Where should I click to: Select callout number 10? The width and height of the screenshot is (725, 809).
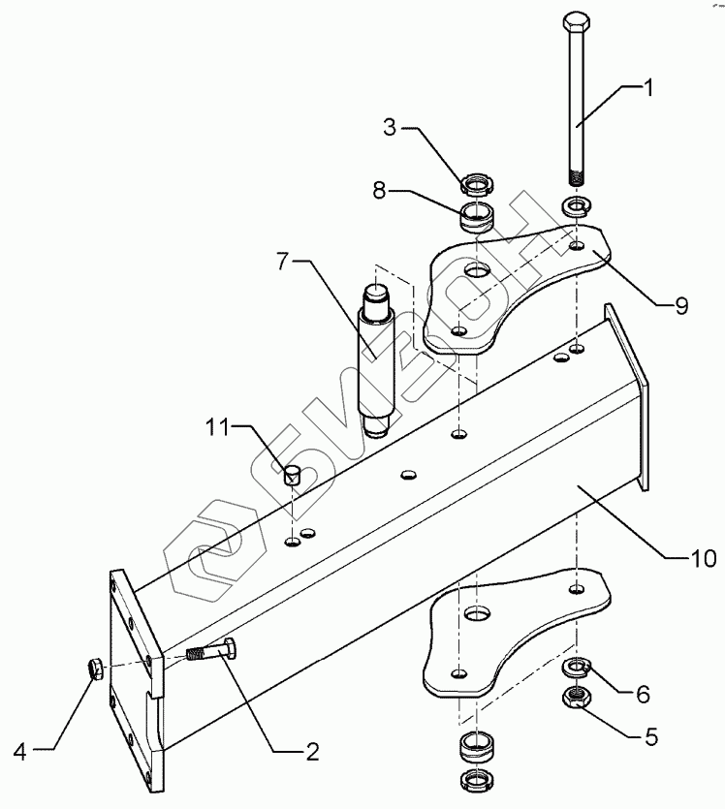pyautogui.click(x=703, y=559)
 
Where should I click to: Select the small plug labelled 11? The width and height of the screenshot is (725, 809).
pyautogui.click(x=294, y=475)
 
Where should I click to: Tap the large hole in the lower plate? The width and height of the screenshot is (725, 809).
pyautogui.click(x=476, y=614)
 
